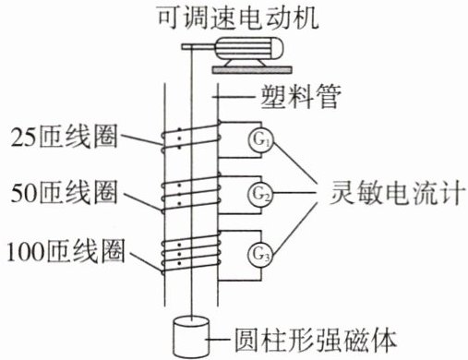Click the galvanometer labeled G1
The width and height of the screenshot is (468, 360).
(261, 140)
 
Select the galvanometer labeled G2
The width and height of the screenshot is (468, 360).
(261, 194)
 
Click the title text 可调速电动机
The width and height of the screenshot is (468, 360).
(238, 18)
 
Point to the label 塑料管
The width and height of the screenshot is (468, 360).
(301, 96)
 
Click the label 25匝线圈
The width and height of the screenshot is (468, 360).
(64, 136)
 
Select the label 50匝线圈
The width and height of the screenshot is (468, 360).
(64, 192)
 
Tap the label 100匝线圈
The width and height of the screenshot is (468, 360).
(66, 252)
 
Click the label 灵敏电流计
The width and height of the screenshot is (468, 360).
(396, 193)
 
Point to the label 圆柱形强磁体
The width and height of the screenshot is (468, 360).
(315, 340)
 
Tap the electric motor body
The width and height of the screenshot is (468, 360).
(248, 48)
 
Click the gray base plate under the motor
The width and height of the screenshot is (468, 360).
(251, 70)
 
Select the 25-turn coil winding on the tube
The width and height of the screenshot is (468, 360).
(191, 137)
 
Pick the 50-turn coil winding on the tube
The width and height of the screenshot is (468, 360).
(191, 193)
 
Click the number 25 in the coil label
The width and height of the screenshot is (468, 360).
(23, 137)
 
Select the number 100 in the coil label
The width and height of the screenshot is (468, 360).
(27, 252)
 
